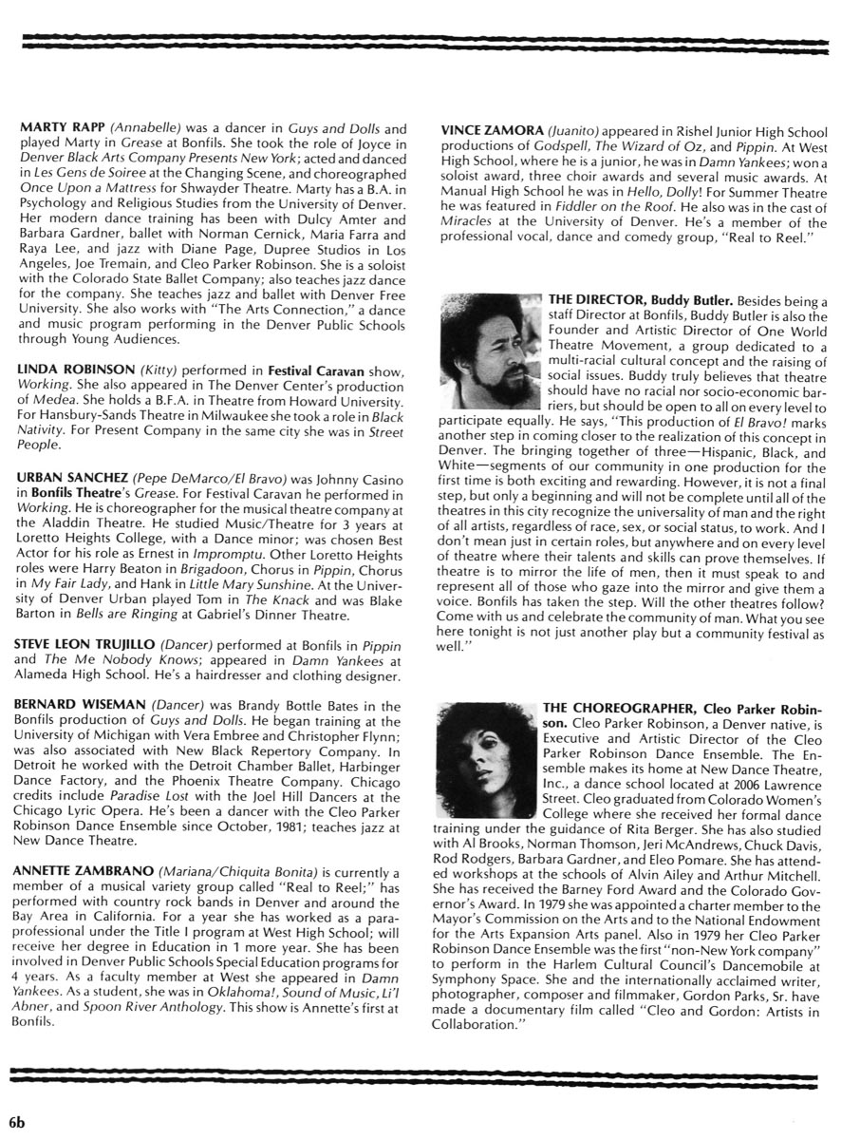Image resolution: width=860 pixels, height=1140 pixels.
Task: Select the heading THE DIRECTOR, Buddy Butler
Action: (641, 300)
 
